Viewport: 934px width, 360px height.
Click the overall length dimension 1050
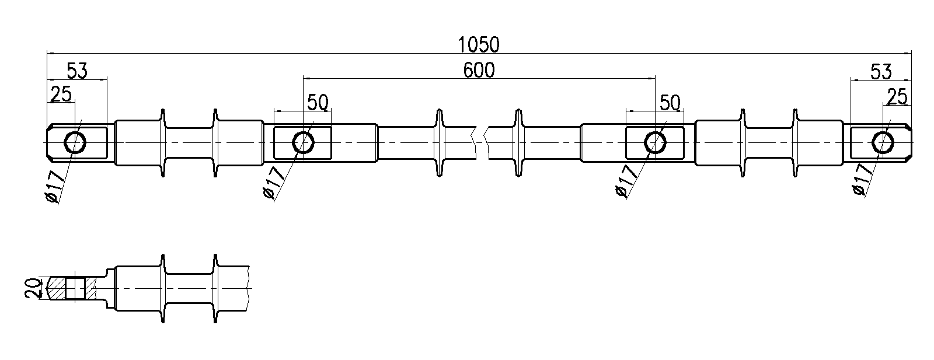(479, 44)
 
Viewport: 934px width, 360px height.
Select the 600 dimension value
(479, 71)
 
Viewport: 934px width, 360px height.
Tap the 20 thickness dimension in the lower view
(34, 288)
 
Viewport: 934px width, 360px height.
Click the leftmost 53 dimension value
(76, 72)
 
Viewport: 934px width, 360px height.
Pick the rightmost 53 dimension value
(881, 72)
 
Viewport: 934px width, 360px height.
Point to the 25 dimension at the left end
(61, 93)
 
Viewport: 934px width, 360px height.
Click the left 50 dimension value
(318, 103)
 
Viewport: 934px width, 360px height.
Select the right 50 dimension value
(670, 103)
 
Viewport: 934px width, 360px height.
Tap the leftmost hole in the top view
(75, 142)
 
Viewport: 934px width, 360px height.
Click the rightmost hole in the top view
(882, 142)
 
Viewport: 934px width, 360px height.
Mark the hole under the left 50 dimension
(302, 142)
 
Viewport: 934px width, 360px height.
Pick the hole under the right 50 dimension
(655, 142)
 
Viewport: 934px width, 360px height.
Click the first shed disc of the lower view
(162, 288)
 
